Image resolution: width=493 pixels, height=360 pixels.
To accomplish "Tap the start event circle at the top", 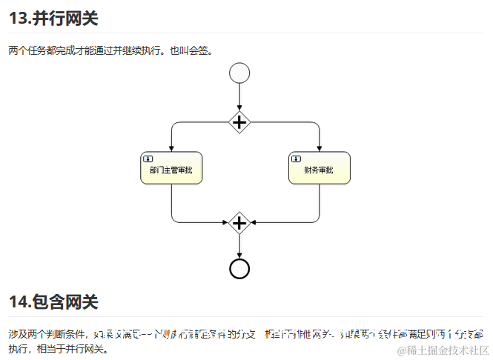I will (x=239, y=73).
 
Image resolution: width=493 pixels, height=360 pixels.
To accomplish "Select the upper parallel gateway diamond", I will (x=239, y=122).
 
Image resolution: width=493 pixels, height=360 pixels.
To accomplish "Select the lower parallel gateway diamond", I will (x=239, y=221).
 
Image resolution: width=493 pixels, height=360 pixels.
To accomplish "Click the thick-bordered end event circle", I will (x=239, y=268).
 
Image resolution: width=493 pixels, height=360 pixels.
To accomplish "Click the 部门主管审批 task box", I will (x=171, y=168).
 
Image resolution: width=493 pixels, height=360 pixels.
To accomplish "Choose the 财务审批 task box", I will (x=319, y=168).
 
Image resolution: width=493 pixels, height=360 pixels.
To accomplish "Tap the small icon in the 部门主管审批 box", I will (x=148, y=158).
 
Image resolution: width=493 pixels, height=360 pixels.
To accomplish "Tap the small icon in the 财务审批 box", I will (x=296, y=158).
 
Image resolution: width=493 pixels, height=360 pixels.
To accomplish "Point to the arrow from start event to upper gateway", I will (x=239, y=96).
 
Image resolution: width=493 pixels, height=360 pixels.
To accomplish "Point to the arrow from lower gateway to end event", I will (x=239, y=246).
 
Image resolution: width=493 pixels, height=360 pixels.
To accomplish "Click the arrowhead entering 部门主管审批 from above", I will (x=171, y=148).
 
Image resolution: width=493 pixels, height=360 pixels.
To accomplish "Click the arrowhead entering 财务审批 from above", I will (x=319, y=148).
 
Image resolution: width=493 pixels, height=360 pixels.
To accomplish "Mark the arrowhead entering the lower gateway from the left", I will (x=225, y=221).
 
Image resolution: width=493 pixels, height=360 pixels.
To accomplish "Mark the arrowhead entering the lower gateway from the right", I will (x=254, y=221).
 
